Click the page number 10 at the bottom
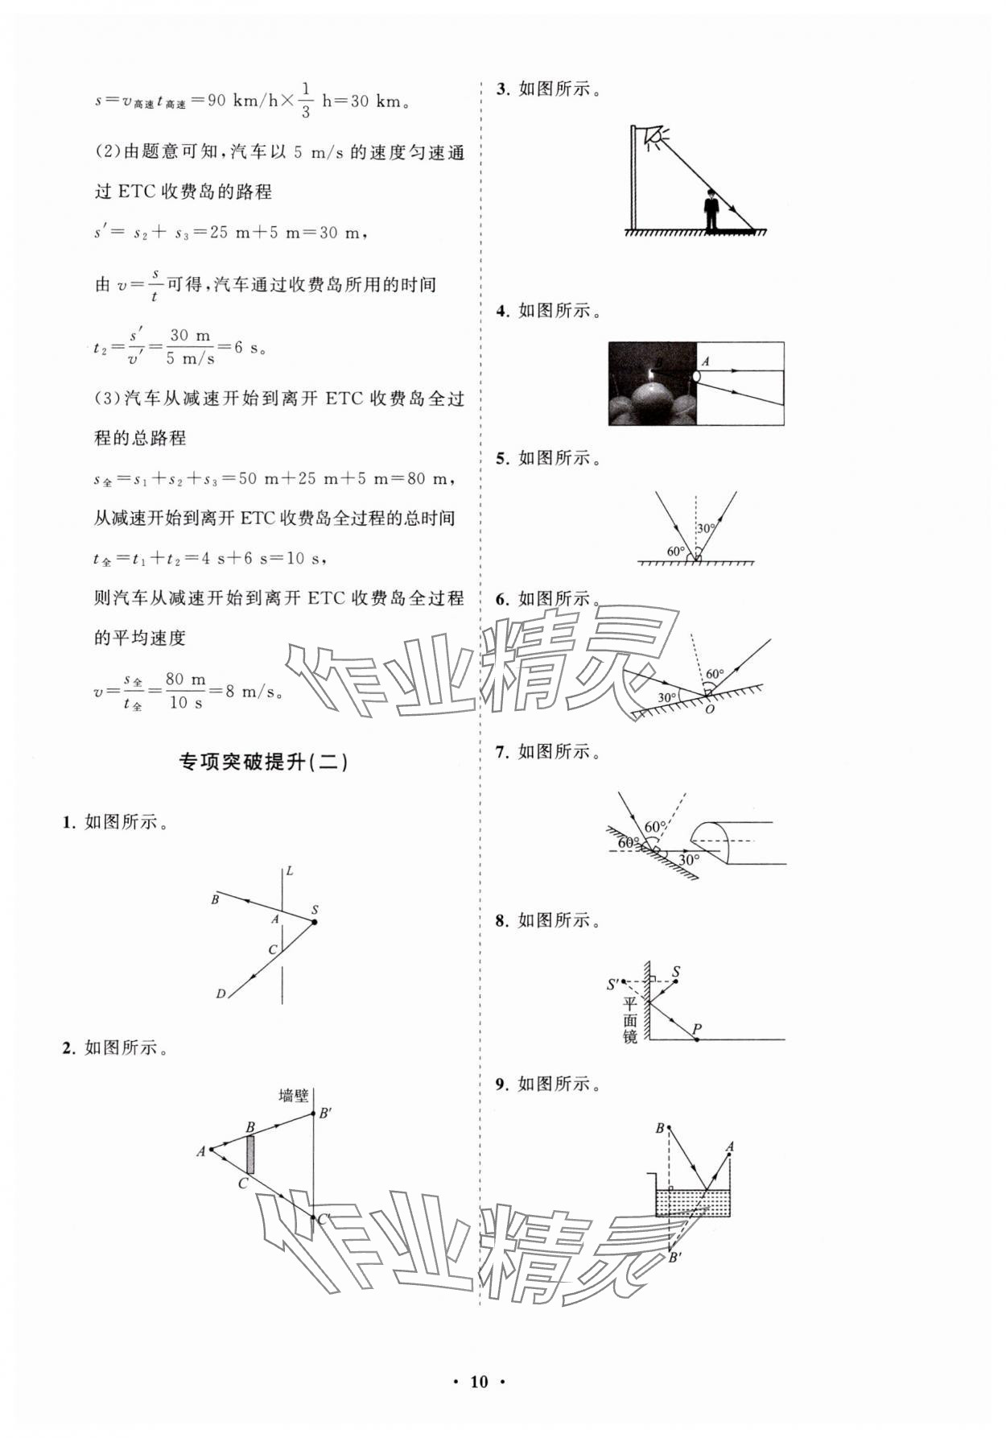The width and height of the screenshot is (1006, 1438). point(479,1382)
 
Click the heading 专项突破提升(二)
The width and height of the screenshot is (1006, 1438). point(263,762)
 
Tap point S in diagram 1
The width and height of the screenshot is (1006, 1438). point(314,921)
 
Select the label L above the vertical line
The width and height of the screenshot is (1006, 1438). point(290,870)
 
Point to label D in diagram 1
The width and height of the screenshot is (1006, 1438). point(221,994)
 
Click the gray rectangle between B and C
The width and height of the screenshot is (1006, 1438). point(250,1154)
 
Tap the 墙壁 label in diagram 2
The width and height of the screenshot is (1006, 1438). point(294,1095)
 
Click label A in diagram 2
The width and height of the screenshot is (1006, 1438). point(201,1151)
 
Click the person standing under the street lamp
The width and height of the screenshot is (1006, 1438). point(711,211)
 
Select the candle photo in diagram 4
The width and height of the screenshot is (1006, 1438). point(652,383)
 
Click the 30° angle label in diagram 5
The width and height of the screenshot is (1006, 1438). point(706,529)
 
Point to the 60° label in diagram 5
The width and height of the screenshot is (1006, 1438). point(676,552)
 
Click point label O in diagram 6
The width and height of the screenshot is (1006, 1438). point(709,709)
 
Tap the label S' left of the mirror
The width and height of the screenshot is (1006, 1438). point(613,983)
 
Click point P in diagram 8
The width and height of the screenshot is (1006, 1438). point(697,1030)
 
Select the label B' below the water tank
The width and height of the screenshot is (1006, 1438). point(675,1258)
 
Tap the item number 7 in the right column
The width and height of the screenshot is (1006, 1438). point(501,752)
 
